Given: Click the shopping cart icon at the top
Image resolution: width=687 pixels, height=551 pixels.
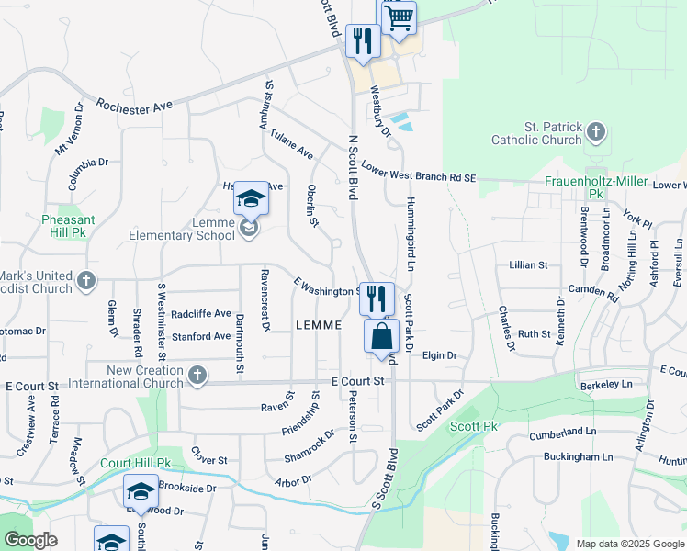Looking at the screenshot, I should pos(400,18).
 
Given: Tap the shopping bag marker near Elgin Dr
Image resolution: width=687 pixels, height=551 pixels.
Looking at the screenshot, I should pos(381,335).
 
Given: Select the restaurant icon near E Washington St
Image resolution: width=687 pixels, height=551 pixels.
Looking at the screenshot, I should pos(377,298).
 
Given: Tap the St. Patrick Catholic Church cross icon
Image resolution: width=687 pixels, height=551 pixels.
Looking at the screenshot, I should pos(596,133).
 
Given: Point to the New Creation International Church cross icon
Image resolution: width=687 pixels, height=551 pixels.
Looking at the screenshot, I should pos(197,376).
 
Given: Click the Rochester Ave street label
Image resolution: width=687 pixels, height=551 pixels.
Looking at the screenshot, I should pos(134,107).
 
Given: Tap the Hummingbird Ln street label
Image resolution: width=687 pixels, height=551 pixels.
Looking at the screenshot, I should pos(411,236).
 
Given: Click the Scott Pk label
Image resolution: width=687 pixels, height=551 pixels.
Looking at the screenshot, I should pos(473,427).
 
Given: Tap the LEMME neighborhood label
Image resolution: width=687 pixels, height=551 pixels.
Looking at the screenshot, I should pos(319,325).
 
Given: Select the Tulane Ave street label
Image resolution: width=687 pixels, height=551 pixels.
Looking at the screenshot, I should pos(291,142).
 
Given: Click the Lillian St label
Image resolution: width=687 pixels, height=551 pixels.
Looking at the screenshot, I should pos(528,264).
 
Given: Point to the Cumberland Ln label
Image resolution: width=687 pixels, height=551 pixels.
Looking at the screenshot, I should pos(563,431).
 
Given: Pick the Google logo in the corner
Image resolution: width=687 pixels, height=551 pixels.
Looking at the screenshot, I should pos(30,540).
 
